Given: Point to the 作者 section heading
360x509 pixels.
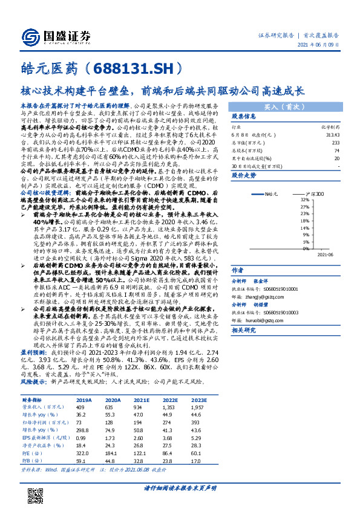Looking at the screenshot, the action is tap(238, 270).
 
